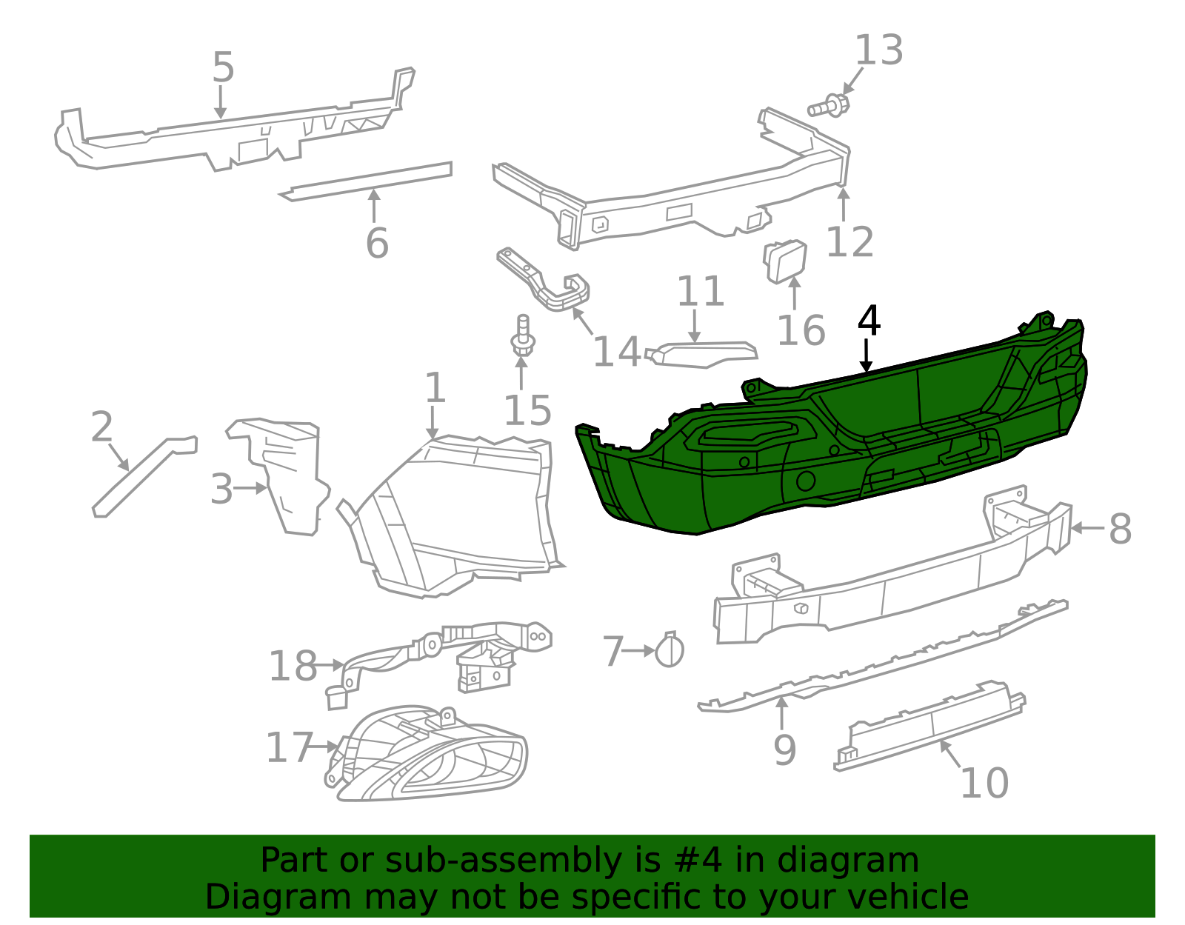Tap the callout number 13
(x=878, y=51)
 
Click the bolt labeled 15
(x=522, y=338)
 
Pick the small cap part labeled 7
(x=670, y=651)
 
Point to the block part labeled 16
(x=785, y=261)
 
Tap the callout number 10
(x=984, y=783)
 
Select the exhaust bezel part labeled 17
(x=430, y=755)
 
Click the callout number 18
(x=293, y=666)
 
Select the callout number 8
(x=1119, y=529)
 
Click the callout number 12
(x=849, y=241)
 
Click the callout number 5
(x=223, y=67)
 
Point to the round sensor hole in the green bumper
(x=805, y=481)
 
